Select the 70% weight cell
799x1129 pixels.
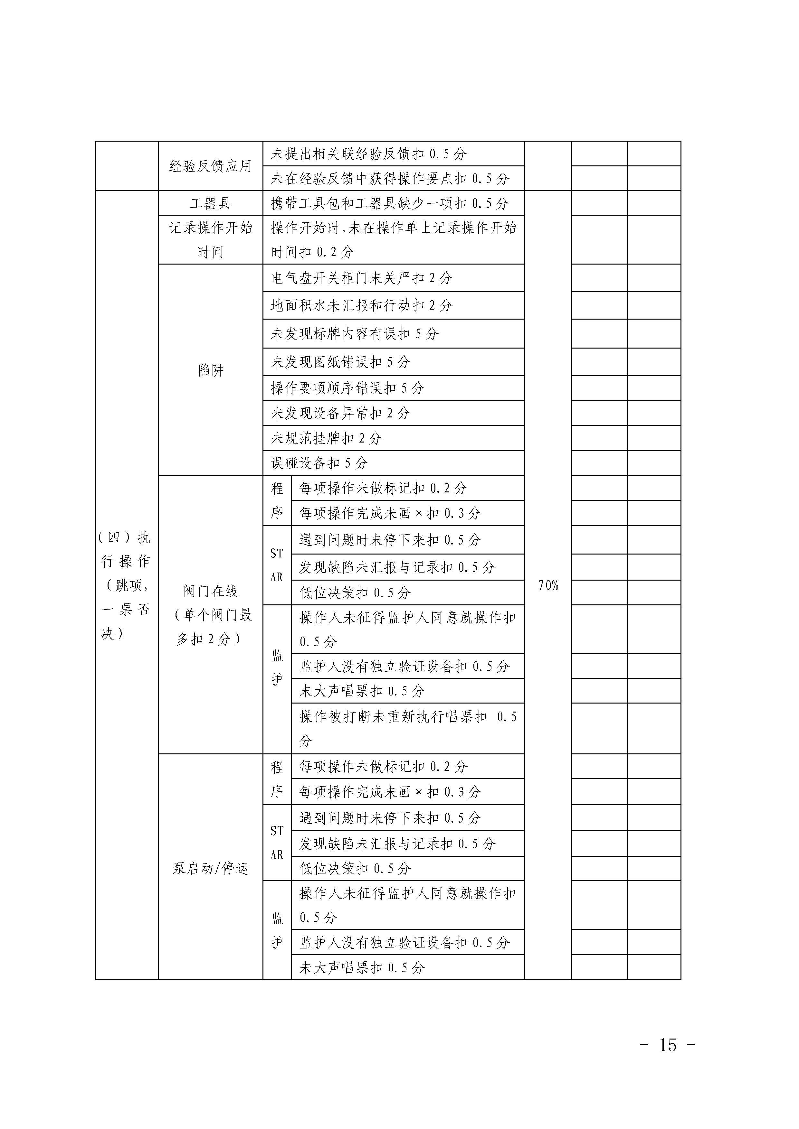548,585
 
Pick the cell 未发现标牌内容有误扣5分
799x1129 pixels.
354,334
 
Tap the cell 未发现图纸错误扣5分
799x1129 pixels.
340,362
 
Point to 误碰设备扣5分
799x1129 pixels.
319,463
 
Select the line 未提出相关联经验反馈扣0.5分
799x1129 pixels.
368,154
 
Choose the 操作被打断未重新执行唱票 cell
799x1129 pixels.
407,728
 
